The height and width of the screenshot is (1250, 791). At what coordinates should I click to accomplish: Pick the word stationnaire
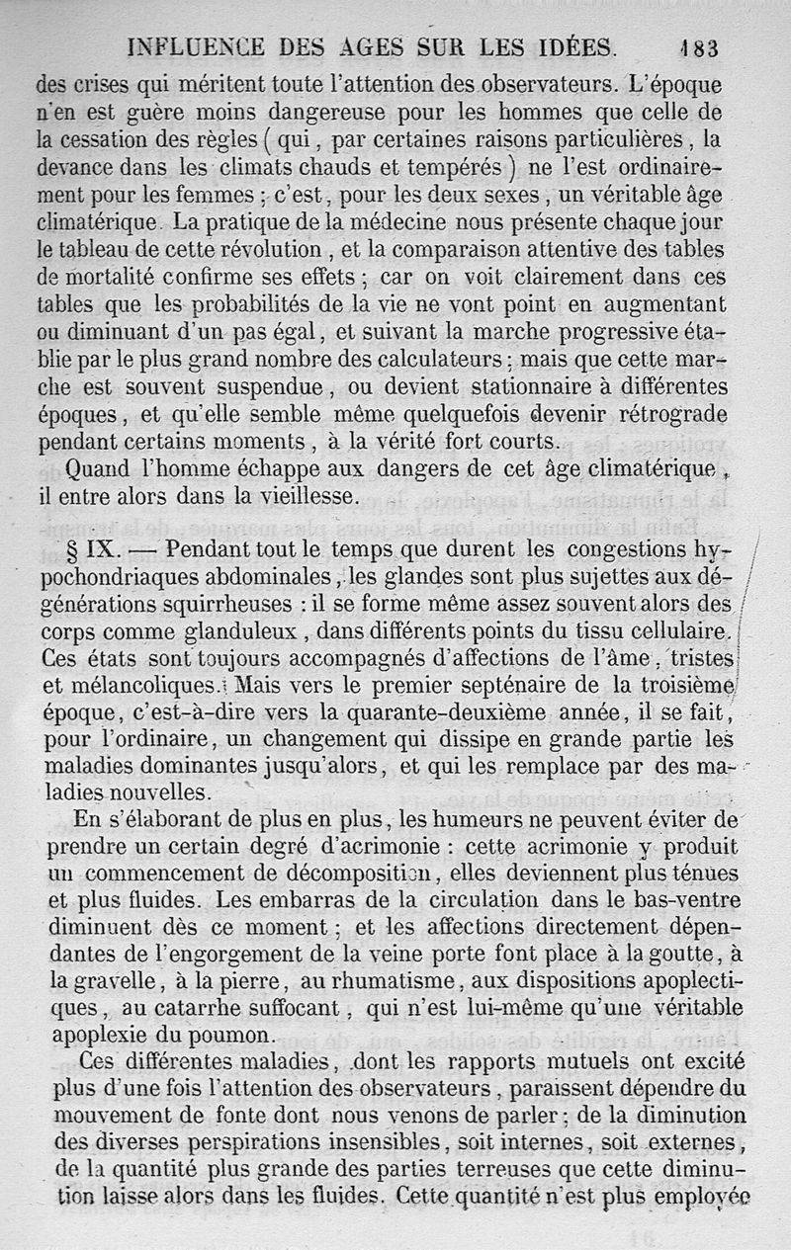(x=469, y=385)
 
